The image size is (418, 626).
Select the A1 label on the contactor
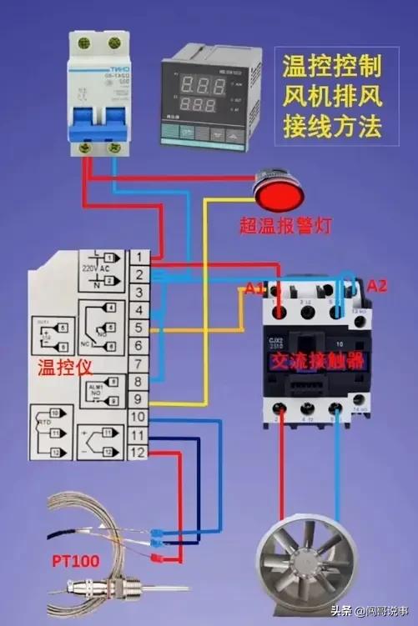point(254,289)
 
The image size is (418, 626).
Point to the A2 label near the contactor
point(378,286)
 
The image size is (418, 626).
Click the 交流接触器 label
point(316,361)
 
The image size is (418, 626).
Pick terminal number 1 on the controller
point(138,257)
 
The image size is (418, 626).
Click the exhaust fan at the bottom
point(307,568)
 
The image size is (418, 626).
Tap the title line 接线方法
point(331,127)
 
